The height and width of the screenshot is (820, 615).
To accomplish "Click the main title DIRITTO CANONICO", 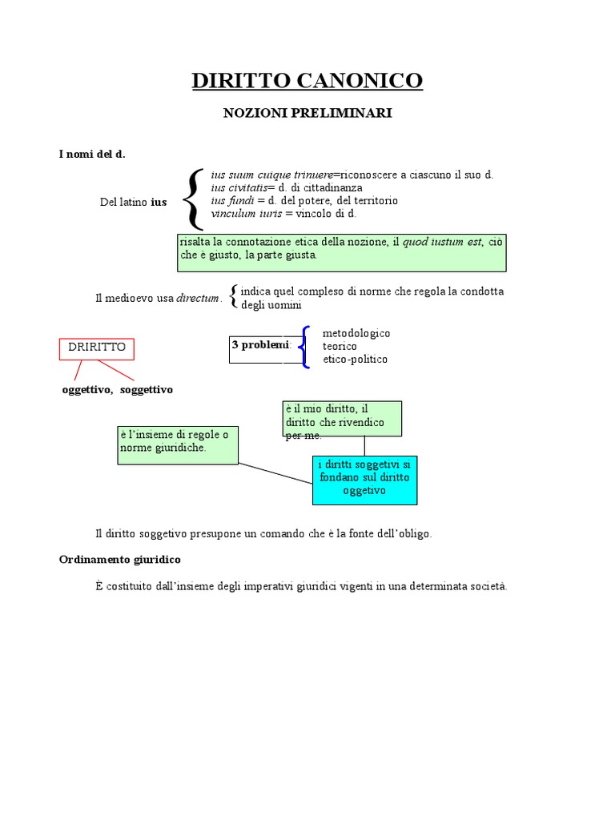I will [x=307, y=80].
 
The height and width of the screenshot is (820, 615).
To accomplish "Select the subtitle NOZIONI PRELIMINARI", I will [x=307, y=114].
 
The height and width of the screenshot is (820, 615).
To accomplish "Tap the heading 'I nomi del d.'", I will [x=92, y=155].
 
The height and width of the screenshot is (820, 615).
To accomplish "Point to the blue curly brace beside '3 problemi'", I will [x=304, y=347].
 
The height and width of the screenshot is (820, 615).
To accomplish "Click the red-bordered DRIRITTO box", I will [x=97, y=348].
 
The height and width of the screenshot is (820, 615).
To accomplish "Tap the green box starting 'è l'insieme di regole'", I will [x=178, y=444].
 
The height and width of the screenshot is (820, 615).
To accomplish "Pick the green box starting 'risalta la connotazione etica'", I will [x=342, y=252].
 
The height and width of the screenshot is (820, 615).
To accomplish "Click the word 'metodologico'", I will [x=356, y=332].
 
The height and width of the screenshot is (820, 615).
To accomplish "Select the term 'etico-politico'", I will [x=355, y=360].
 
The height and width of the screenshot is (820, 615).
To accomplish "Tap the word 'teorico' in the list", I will [x=340, y=346].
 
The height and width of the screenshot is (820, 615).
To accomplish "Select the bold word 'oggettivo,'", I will [x=87, y=389].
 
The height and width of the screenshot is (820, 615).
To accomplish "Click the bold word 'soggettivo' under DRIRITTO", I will [x=147, y=389].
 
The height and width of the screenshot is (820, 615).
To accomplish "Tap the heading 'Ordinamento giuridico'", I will [x=120, y=558].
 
